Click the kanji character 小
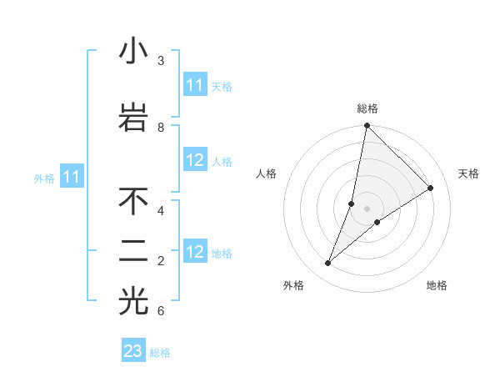(133, 52)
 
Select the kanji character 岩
(133, 118)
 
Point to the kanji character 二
(133, 252)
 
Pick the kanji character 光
(133, 303)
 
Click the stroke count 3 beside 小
(161, 61)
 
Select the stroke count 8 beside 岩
(161, 127)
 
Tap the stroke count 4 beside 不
(161, 210)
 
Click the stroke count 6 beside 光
(161, 311)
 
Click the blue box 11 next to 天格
(195, 85)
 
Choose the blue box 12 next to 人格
(195, 161)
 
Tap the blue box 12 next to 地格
(195, 252)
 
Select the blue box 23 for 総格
(133, 351)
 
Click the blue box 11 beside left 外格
(72, 177)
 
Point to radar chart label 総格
(367, 108)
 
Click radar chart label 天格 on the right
(468, 173)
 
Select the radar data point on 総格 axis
(367, 125)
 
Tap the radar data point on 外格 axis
(328, 264)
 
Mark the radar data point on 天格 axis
(431, 188)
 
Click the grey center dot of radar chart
(367, 209)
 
